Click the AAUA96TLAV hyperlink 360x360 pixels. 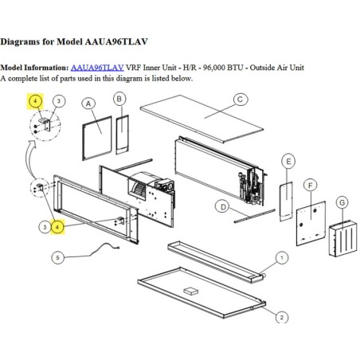tap(97, 68)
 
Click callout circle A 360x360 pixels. tap(88, 104)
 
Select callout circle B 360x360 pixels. tap(119, 99)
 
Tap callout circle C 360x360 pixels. tap(240, 100)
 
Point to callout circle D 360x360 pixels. tap(223, 207)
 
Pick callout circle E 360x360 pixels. tap(288, 161)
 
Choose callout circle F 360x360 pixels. tap(311, 186)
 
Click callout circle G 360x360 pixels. tap(342, 203)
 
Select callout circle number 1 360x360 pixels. tap(282, 257)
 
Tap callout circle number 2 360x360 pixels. tap(281, 317)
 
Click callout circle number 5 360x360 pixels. tap(57, 257)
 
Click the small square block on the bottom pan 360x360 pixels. tap(191, 290)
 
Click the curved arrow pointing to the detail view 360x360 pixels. tap(31, 159)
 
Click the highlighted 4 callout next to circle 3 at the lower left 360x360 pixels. tap(57, 227)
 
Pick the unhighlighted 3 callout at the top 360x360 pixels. tap(59, 101)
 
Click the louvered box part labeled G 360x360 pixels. tap(343, 238)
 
